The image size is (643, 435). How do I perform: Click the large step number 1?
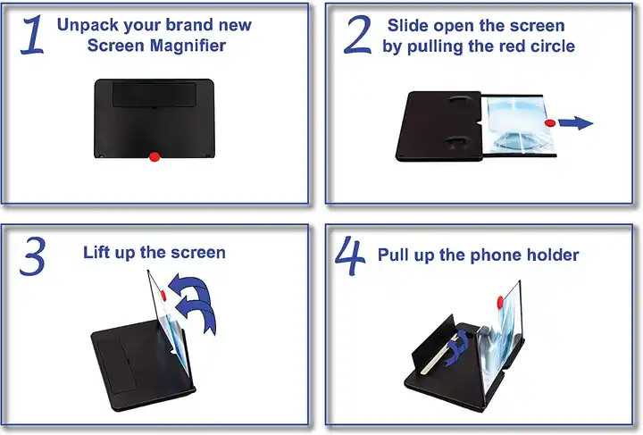coord(32,35)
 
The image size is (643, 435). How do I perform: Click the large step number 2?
coord(357,35)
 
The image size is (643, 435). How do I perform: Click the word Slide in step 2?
coord(407,26)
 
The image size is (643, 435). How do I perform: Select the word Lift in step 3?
coord(98,253)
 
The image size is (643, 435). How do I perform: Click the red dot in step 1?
coord(154,157)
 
